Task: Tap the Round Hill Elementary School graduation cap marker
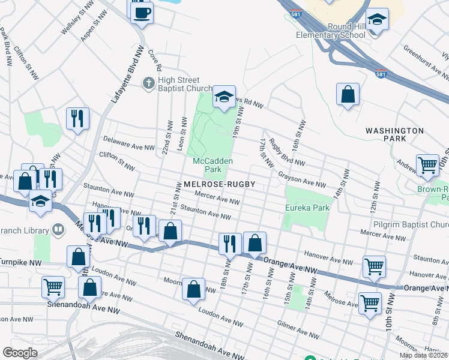378,20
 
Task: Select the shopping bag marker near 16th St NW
348,94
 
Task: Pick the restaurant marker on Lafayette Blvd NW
78,118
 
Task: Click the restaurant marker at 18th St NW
230,244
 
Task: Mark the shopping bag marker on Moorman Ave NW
193,289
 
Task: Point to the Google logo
20,353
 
